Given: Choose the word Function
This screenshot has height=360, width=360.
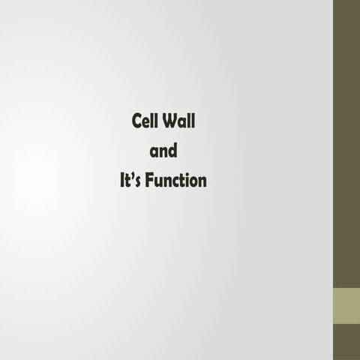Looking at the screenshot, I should [x=175, y=181].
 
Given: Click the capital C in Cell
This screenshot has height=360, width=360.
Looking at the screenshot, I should [x=136, y=121].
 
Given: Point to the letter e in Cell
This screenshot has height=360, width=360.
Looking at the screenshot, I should [x=145, y=123].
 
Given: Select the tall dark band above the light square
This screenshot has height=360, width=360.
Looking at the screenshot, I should [x=346, y=142].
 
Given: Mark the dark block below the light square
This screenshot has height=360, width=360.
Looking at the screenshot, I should [x=346, y=342].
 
